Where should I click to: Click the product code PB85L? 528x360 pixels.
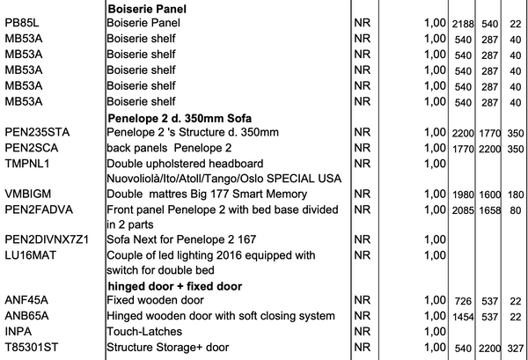tap(23, 22)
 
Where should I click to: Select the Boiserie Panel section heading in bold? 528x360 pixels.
tap(147, 8)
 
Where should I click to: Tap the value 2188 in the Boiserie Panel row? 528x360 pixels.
tap(463, 23)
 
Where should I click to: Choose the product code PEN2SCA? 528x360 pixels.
tap(34, 147)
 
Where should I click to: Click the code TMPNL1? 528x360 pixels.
tap(28, 163)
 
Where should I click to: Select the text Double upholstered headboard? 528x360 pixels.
tap(185, 163)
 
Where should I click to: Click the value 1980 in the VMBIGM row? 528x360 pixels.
tap(463, 195)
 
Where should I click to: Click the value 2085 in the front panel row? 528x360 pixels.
tap(463, 209)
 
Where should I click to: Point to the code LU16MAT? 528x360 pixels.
tap(32, 254)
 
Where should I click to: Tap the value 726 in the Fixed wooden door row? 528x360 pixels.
tap(463, 302)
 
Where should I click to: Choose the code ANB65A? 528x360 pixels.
tap(26, 316)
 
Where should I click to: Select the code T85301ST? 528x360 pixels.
tap(32, 347)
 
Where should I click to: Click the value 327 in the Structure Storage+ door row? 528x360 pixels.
tap(515, 348)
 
